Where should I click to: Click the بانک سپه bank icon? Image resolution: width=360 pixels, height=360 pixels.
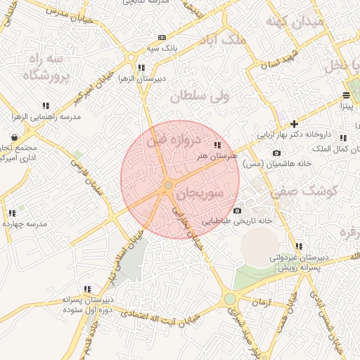click(163, 37)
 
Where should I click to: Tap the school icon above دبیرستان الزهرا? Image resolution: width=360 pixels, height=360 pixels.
click(141, 67)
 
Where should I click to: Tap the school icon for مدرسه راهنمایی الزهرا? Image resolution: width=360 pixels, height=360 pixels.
click(46, 105)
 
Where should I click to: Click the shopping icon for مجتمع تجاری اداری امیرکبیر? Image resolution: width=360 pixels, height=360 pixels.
click(15, 136)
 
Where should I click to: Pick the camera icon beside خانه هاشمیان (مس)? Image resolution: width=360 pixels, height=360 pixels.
click(276, 153)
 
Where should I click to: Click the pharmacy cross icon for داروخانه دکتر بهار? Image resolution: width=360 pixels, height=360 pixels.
click(294, 124)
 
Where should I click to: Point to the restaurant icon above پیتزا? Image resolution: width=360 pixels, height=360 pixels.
click(346, 95)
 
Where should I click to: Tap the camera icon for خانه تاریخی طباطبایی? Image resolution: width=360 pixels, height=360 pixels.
click(237, 211)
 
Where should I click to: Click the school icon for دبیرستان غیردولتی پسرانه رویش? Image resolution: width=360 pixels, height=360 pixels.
click(299, 246)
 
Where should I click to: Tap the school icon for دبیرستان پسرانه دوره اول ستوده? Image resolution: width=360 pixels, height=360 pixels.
click(87, 288)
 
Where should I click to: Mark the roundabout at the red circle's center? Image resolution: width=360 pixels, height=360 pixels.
click(168, 185)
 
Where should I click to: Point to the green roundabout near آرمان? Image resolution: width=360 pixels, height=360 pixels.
click(230, 300)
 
